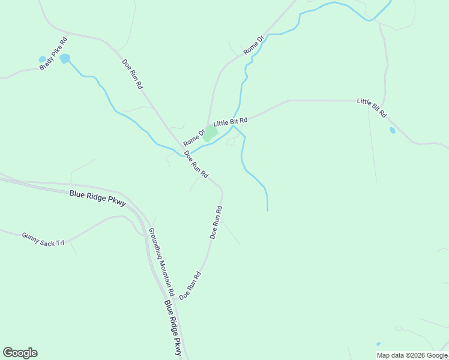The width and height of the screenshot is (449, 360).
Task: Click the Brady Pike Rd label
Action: tap(53, 53)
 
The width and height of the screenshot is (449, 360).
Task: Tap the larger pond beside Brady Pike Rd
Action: tap(64, 58)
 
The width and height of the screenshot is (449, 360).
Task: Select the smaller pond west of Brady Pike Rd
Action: tap(42, 59)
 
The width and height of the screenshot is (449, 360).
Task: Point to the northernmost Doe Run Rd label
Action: tap(132, 74)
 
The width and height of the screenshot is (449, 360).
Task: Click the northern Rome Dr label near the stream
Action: tap(253, 46)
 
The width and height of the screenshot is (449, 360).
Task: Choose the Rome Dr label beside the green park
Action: tap(194, 137)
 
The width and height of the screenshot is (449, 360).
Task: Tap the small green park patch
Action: tap(209, 134)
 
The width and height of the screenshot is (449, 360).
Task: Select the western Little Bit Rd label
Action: tap(231, 122)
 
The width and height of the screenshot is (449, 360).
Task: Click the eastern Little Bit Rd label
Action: tap(372, 107)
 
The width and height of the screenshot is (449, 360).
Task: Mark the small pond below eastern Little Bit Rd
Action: tap(392, 130)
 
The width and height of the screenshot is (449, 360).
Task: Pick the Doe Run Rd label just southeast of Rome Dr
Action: tap(196, 164)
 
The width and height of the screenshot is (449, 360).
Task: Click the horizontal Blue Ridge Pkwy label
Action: tap(97, 197)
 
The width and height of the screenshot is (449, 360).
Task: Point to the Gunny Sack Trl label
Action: tap(43, 239)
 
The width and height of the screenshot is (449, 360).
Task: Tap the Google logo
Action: tap(20, 353)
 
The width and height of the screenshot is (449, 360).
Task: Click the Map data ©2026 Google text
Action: tap(412, 355)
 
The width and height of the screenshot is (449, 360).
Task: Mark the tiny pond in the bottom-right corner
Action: tap(378, 344)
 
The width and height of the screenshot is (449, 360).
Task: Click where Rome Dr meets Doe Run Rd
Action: tap(182, 149)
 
